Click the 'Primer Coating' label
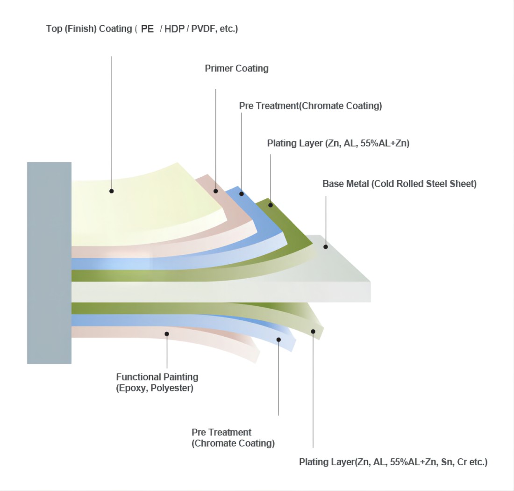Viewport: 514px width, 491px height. [x=236, y=69]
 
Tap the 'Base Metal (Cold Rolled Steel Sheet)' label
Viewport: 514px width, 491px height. [x=399, y=184]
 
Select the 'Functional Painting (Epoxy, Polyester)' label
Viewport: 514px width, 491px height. [x=157, y=383]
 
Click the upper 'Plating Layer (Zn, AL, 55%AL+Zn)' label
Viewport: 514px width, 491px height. [x=338, y=144]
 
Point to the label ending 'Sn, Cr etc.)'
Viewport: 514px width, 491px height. [x=393, y=462]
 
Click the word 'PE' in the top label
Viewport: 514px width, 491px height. [x=147, y=29]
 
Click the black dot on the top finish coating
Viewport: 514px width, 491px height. [x=112, y=191]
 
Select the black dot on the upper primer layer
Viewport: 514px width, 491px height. [x=215, y=191]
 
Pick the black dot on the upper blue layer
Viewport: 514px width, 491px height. [x=241, y=194]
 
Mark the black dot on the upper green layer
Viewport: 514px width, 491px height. [x=271, y=205]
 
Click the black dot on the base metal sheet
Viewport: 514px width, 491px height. [x=326, y=246]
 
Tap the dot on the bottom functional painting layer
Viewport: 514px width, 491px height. [x=167, y=333]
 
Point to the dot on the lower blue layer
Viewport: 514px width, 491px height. [x=278, y=339]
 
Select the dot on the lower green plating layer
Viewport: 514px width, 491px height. [x=313, y=331]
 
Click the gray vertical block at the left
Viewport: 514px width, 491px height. [x=49, y=262]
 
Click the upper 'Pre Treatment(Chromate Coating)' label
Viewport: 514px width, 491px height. [x=310, y=106]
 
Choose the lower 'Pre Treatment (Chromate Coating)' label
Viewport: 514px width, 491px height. [x=233, y=438]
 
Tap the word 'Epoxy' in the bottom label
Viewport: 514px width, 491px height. [x=132, y=388]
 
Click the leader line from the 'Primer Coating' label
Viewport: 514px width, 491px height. [x=215, y=136]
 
